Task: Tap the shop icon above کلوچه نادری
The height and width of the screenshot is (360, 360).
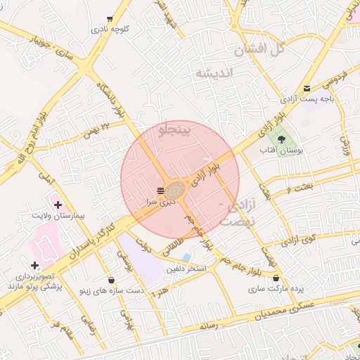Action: (x=109, y=19)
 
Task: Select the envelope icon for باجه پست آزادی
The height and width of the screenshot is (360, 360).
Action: (x=307, y=88)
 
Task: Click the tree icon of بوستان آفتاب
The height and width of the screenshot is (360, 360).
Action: (x=282, y=139)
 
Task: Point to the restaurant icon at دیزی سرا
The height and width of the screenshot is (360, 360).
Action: (x=160, y=191)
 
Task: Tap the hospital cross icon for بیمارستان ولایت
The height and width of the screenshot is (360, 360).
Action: (x=58, y=204)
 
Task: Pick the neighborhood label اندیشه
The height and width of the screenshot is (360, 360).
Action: (x=213, y=73)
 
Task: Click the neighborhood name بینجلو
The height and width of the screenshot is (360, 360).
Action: (x=175, y=130)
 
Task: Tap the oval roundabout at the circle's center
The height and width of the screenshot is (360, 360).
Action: (x=176, y=190)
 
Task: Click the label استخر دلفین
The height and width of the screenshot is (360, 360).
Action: (x=186, y=269)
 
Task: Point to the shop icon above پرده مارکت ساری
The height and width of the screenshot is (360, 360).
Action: (x=276, y=278)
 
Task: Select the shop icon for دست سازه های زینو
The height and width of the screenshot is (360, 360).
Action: (x=111, y=280)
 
